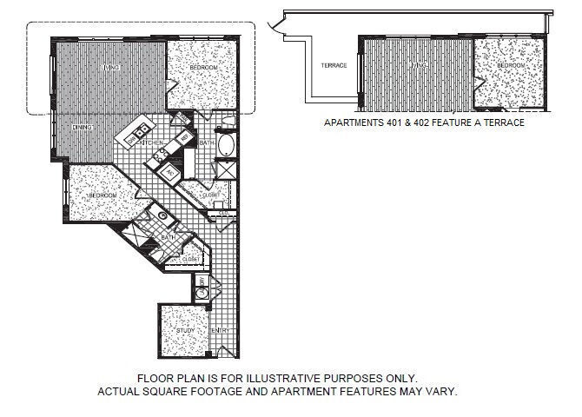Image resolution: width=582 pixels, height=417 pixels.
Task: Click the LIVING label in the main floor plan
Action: (x=110, y=66)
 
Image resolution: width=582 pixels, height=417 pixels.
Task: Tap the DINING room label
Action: (x=82, y=128)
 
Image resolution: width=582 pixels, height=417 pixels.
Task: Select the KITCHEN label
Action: (x=153, y=142)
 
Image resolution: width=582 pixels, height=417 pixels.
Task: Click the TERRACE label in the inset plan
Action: (x=334, y=65)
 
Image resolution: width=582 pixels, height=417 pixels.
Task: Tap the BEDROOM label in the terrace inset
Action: (x=511, y=65)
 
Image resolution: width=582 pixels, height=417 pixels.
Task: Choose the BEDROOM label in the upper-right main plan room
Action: (x=202, y=68)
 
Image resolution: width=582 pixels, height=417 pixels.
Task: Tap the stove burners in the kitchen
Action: (x=160, y=157)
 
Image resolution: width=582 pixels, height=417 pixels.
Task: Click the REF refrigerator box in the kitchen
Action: (x=185, y=138)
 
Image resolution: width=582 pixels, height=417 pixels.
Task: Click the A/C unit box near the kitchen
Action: (x=171, y=172)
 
